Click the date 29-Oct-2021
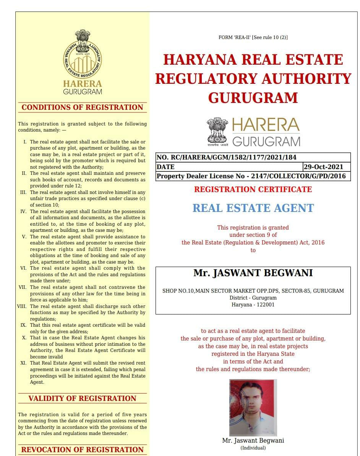[323, 167]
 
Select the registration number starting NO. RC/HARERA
[226, 157]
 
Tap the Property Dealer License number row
[251, 176]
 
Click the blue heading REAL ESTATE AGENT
[253, 208]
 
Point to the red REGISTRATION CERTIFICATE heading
[253, 189]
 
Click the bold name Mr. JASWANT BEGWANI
[253, 273]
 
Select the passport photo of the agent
[253, 407]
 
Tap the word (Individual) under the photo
[253, 448]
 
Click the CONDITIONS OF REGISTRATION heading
[82, 107]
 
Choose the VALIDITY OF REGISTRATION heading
[82, 399]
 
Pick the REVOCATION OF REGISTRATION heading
[82, 449]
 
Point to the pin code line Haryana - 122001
[253, 305]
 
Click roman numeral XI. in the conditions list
[24, 363]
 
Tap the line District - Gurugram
[253, 298]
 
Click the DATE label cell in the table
[165, 167]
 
